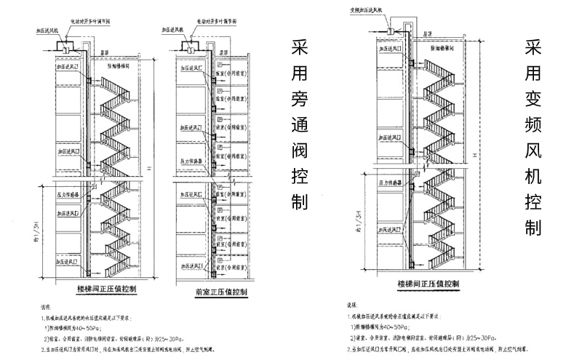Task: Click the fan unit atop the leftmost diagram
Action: tap(71, 47)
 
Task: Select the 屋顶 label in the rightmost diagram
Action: tap(428, 33)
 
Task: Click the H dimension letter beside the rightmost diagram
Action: tap(474, 154)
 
